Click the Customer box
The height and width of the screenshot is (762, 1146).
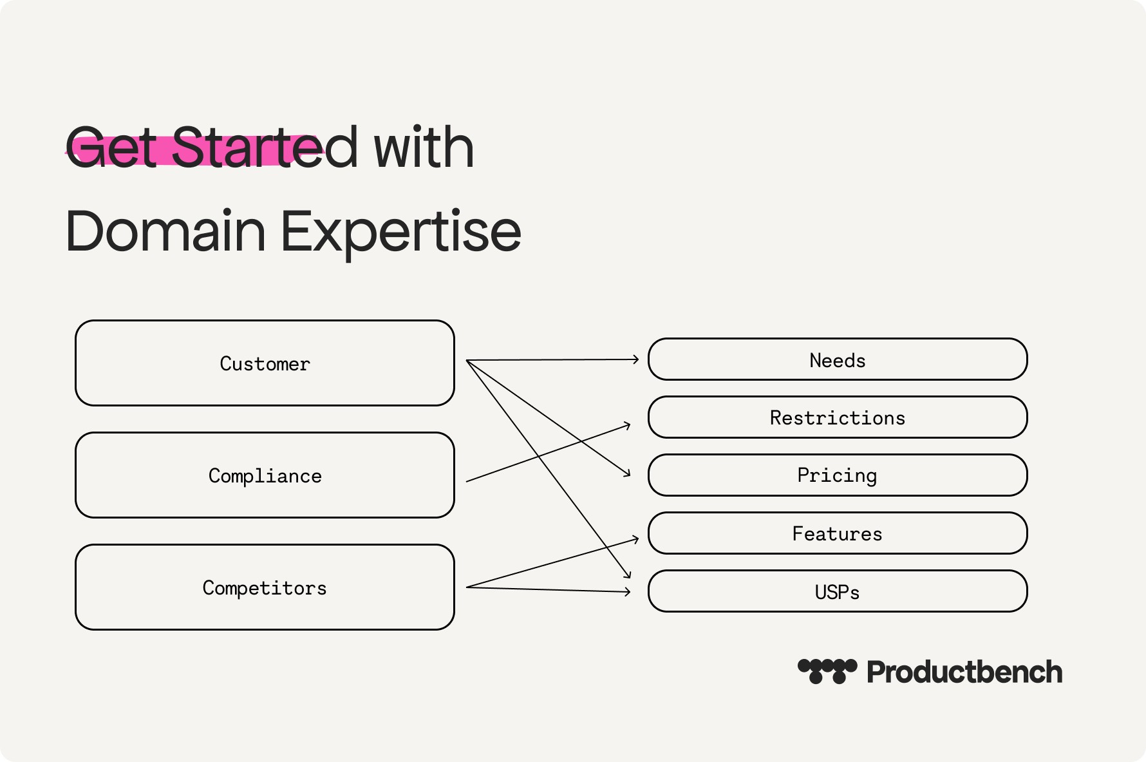[x=265, y=363]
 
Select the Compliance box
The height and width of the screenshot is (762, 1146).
[x=265, y=475]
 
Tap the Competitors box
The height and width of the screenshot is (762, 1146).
[x=265, y=587]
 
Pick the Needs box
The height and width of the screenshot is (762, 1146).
[x=838, y=359]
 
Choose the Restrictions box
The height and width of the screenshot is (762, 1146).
[x=838, y=417]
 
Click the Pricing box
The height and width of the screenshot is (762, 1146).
[x=838, y=475]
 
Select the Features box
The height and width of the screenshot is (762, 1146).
[x=838, y=533]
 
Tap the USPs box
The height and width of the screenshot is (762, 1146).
[x=838, y=591]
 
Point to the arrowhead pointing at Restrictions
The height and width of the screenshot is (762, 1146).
[x=628, y=425]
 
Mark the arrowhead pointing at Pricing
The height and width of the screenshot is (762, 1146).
[x=627, y=473]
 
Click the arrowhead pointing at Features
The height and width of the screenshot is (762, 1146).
[x=636, y=538]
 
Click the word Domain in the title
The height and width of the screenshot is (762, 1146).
[x=165, y=231]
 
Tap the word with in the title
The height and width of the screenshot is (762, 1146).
[x=424, y=148]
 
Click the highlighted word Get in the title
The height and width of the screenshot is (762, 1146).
[x=111, y=148]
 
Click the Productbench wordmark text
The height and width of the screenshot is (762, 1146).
[x=964, y=672]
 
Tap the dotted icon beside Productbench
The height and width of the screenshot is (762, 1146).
[x=827, y=671]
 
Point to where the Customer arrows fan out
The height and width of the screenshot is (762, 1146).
[x=466, y=360]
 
